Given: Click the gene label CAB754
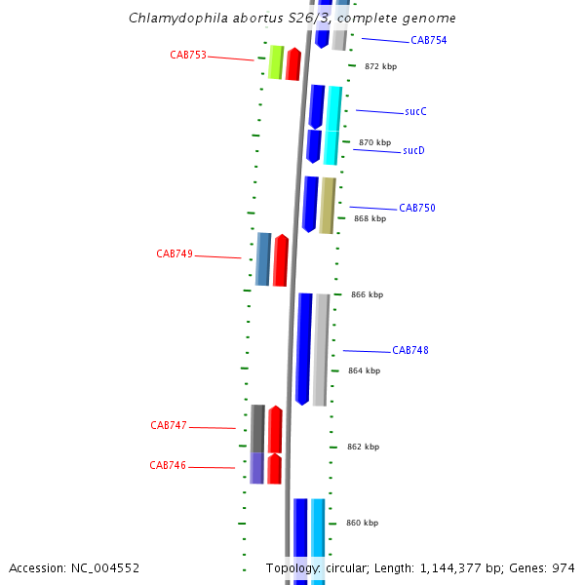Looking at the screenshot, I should pyautogui.click(x=428, y=41).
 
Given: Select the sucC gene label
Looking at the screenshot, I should pyautogui.click(x=415, y=112).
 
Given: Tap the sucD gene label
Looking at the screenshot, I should pyautogui.click(x=413, y=151).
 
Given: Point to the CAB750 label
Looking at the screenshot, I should pyautogui.click(x=416, y=209).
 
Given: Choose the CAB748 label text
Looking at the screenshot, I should pyautogui.click(x=409, y=351).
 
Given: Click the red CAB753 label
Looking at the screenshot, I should pyautogui.click(x=188, y=56).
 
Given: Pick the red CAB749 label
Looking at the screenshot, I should pyautogui.click(x=175, y=254).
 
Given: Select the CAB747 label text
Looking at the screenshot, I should pyautogui.click(x=169, y=426).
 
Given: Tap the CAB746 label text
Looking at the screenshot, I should pyautogui.click(x=168, y=466).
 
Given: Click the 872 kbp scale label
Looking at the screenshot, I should pyautogui.click(x=380, y=67).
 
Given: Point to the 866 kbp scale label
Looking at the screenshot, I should pyautogui.click(x=367, y=295).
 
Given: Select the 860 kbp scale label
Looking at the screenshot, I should pyautogui.click(x=363, y=524).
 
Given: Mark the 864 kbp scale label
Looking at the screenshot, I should pyautogui.click(x=364, y=371).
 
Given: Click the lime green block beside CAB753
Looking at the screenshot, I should pyautogui.click(x=276, y=62).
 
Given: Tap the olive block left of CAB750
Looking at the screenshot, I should pyautogui.click(x=328, y=205).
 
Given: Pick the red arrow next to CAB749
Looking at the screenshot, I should pyautogui.click(x=281, y=260).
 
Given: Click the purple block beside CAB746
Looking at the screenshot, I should pyautogui.click(x=257, y=468).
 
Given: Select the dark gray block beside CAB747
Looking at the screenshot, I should pyautogui.click(x=257, y=428).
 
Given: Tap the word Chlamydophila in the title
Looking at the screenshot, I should pyautogui.click(x=171, y=19).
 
